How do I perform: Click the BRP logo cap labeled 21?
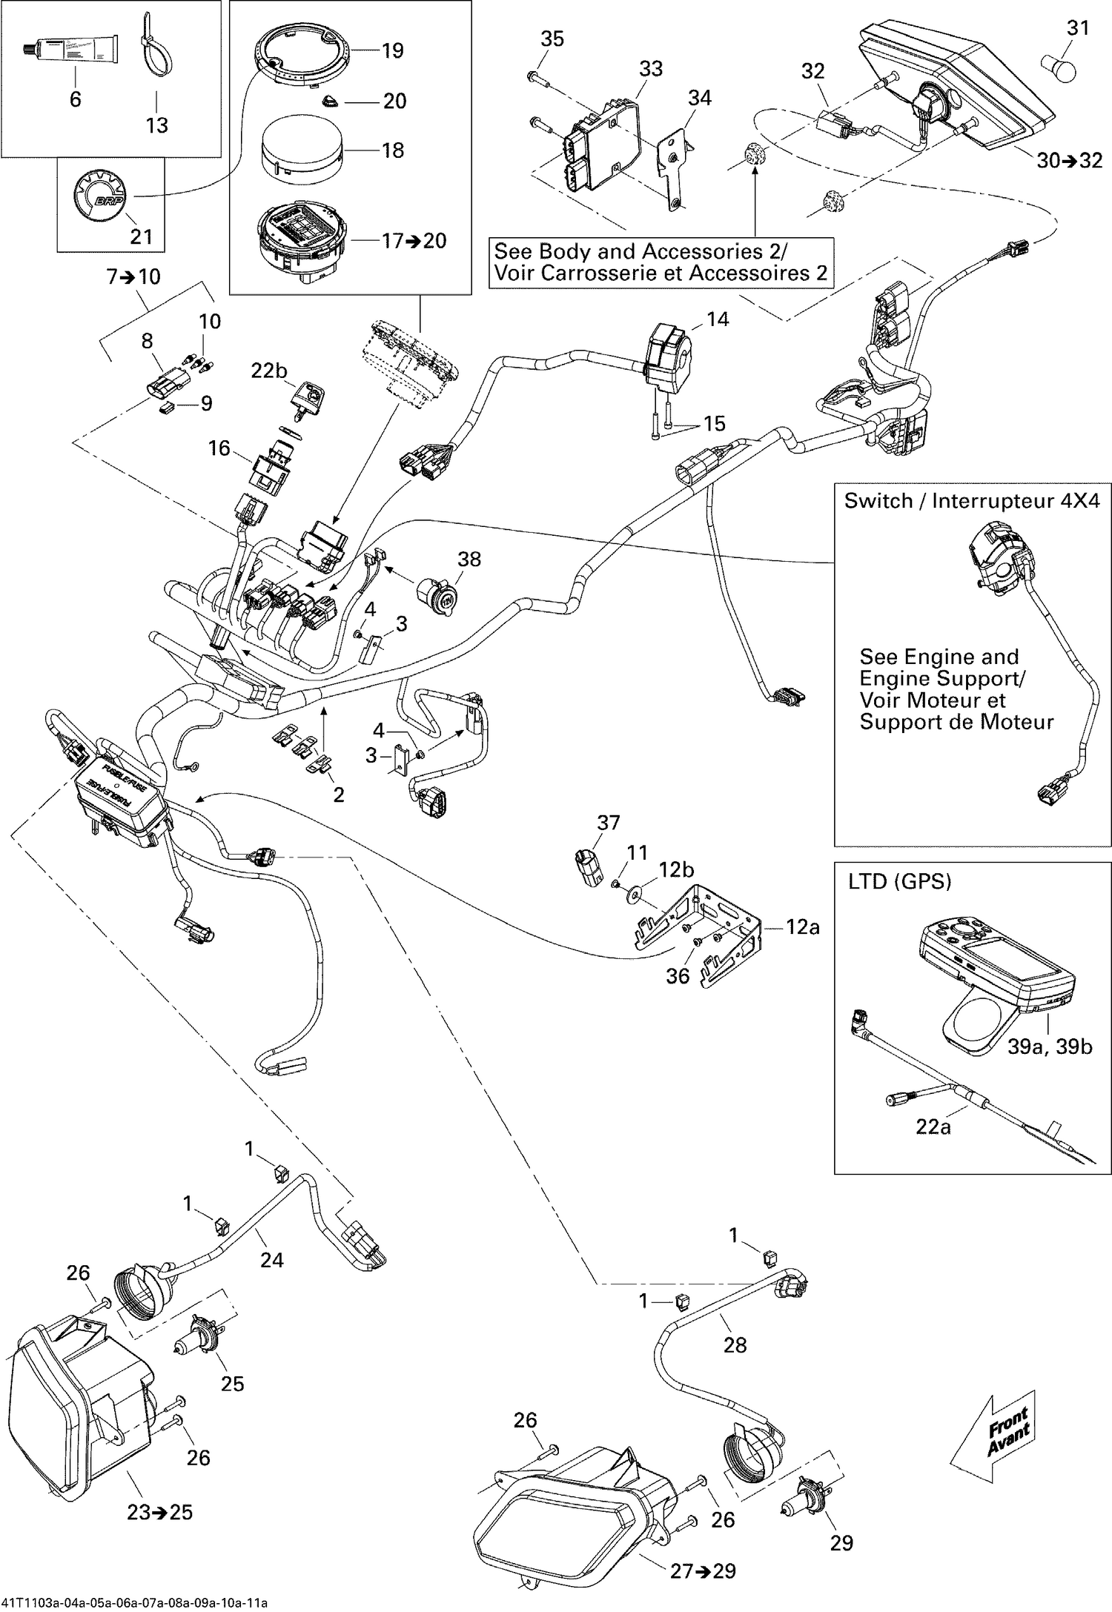[x=99, y=197]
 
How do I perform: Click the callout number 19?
[x=393, y=50]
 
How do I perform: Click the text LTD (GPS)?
[x=899, y=881]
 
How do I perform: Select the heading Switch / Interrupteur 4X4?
[x=972, y=501]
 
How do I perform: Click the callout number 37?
[x=609, y=823]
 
